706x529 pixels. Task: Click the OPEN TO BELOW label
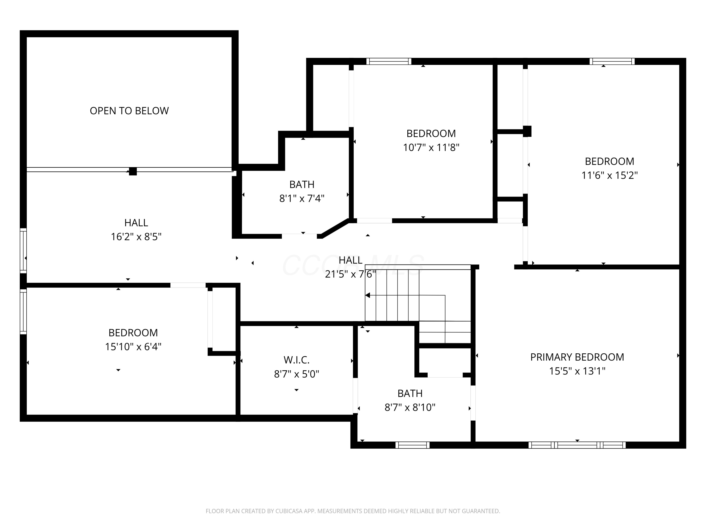pos(129,111)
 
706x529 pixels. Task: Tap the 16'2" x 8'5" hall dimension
pos(136,237)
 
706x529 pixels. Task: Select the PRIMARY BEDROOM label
pos(577,357)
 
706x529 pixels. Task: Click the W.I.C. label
pos(297,360)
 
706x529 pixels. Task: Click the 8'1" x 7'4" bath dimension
pos(302,198)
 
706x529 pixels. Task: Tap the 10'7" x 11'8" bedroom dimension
pos(431,147)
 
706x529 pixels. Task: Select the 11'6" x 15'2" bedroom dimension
pos(609,175)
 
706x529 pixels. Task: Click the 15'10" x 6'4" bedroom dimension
pos(133,347)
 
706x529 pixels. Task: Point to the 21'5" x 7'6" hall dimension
pos(350,274)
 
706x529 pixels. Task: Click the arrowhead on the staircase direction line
pos(368,295)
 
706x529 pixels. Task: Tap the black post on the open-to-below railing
pos(133,171)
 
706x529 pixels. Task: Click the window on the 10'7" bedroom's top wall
pos(389,61)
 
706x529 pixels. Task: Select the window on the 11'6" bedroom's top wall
pos(612,61)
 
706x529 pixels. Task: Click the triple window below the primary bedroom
pos(577,445)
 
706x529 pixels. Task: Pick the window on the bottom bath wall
pos(412,445)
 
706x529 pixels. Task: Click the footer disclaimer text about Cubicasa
pos(353,511)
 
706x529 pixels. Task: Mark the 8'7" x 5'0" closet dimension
pos(297,374)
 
